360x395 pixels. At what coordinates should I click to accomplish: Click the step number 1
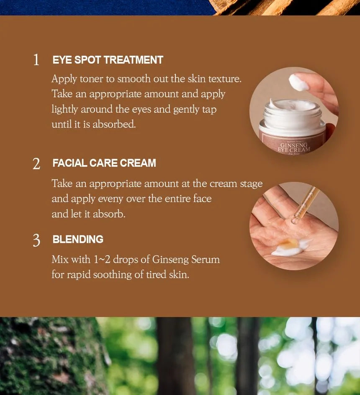36,60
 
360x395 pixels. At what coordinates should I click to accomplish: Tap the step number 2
36,164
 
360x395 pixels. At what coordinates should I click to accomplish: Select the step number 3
36,240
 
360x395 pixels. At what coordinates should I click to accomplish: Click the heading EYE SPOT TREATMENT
108,60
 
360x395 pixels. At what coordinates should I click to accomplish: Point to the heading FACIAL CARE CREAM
104,163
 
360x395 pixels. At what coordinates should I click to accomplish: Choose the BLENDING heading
78,239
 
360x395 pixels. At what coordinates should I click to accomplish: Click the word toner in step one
91,79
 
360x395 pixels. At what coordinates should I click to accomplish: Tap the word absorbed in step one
114,124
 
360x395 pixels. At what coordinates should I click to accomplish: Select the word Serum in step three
206,259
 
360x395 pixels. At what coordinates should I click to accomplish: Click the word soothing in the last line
112,275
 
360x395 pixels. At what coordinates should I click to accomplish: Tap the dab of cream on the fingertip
299,81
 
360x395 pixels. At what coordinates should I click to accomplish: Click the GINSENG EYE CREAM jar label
294,147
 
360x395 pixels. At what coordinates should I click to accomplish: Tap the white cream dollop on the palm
292,248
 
